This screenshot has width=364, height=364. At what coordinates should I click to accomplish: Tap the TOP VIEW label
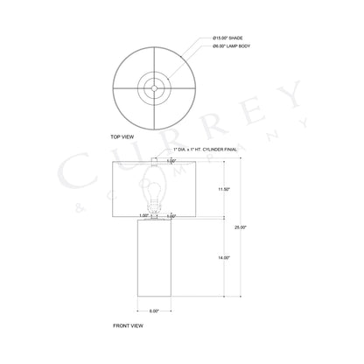coord(122,138)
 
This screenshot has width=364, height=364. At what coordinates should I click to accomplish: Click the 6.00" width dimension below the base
coord(154,310)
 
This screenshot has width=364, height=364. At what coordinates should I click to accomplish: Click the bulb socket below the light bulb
coord(155,208)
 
